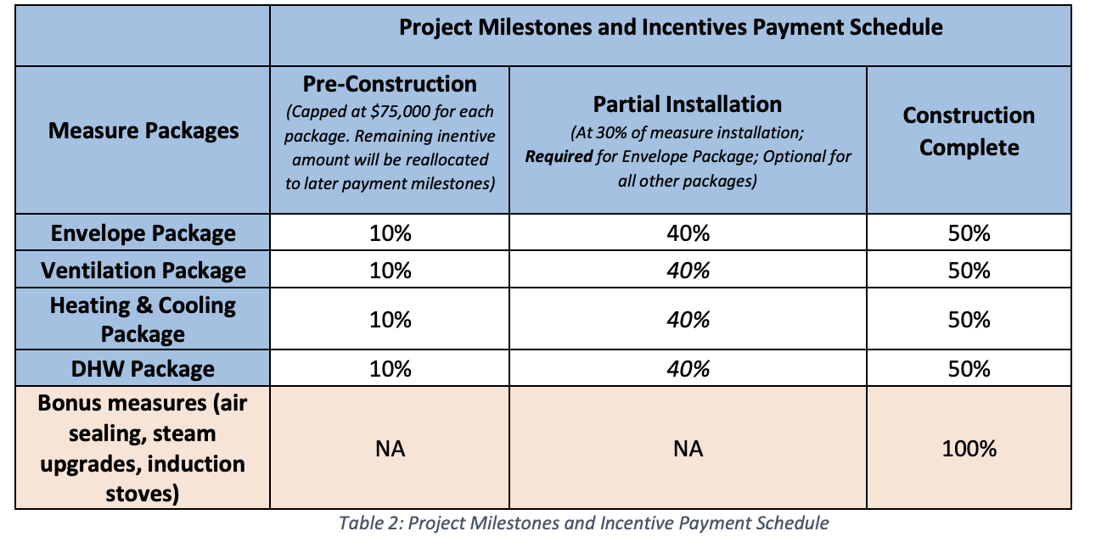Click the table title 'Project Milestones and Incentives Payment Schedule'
671,27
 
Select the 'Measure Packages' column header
143,131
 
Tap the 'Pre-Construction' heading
390,84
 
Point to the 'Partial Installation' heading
688,104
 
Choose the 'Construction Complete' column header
969,131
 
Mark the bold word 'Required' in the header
559,156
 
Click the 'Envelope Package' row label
143,233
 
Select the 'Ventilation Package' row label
143,271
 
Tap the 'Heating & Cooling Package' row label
143,320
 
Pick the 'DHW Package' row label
143,369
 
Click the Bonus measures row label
143,448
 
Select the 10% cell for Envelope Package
390,233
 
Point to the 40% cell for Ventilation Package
688,271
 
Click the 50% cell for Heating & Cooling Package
969,320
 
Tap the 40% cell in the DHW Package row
688,369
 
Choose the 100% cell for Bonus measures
969,448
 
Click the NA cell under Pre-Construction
390,449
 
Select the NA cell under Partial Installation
688,449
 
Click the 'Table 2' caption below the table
583,523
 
